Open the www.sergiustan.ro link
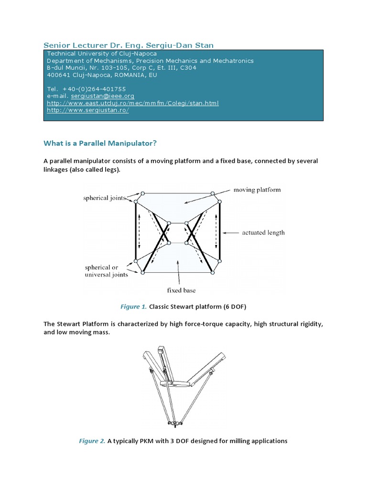[88, 110]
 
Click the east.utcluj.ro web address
[133, 103]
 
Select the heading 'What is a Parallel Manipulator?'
[100, 143]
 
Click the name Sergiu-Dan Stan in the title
[183, 45]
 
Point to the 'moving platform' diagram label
[257, 190]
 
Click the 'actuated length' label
[263, 233]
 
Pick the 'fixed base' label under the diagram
[181, 290]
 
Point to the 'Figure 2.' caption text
[92, 441]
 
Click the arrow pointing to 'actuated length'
[231, 233]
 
